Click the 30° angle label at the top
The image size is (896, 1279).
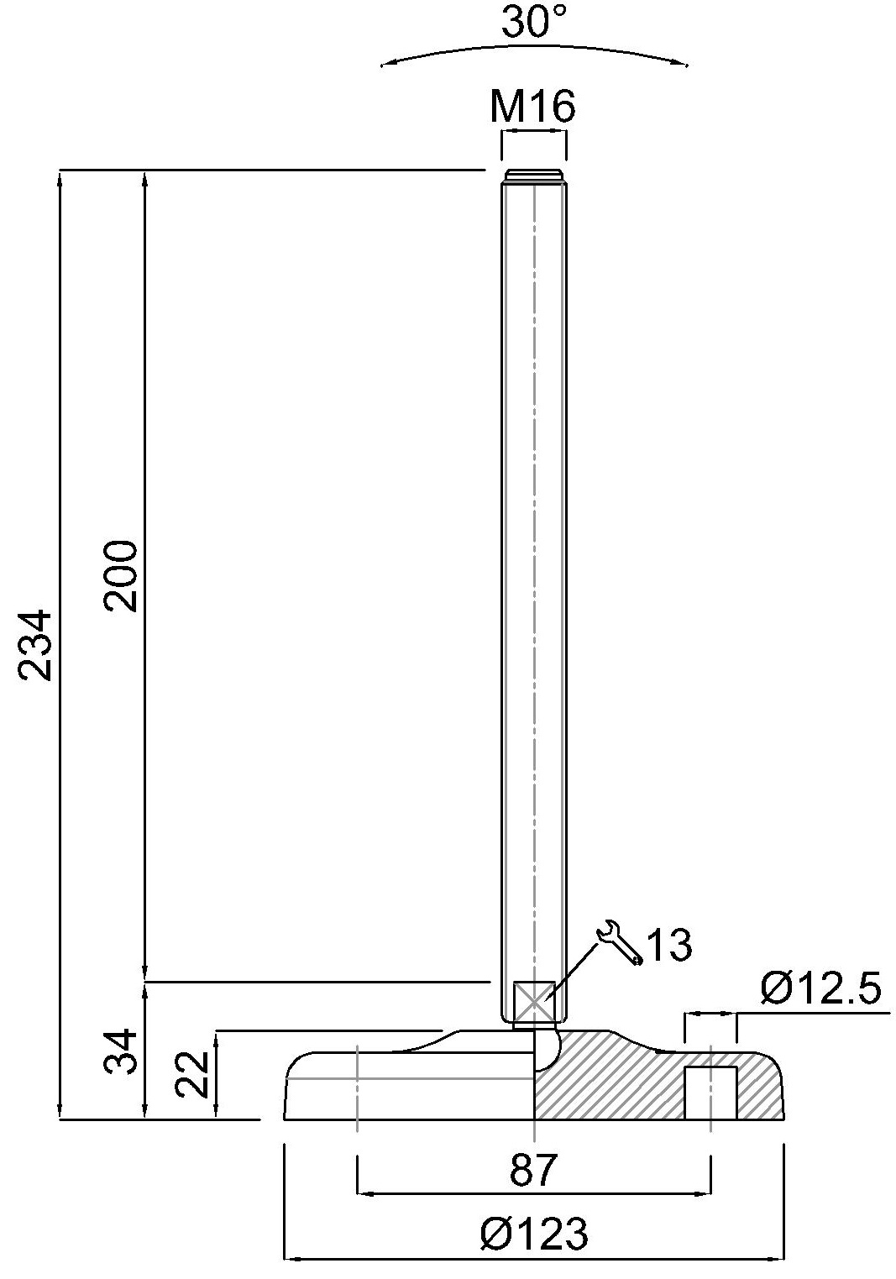[534, 23]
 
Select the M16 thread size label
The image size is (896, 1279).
[533, 107]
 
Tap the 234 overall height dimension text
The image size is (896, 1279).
[36, 645]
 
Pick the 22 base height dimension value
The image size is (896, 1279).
[193, 1075]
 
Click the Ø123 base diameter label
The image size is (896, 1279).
[534, 1234]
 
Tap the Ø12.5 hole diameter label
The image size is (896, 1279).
[820, 988]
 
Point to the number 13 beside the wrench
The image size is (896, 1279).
[669, 946]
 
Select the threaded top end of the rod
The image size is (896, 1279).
[533, 176]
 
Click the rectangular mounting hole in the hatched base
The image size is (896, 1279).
[710, 1093]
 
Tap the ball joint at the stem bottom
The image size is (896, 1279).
[547, 1046]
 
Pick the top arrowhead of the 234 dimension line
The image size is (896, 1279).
[60, 177]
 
